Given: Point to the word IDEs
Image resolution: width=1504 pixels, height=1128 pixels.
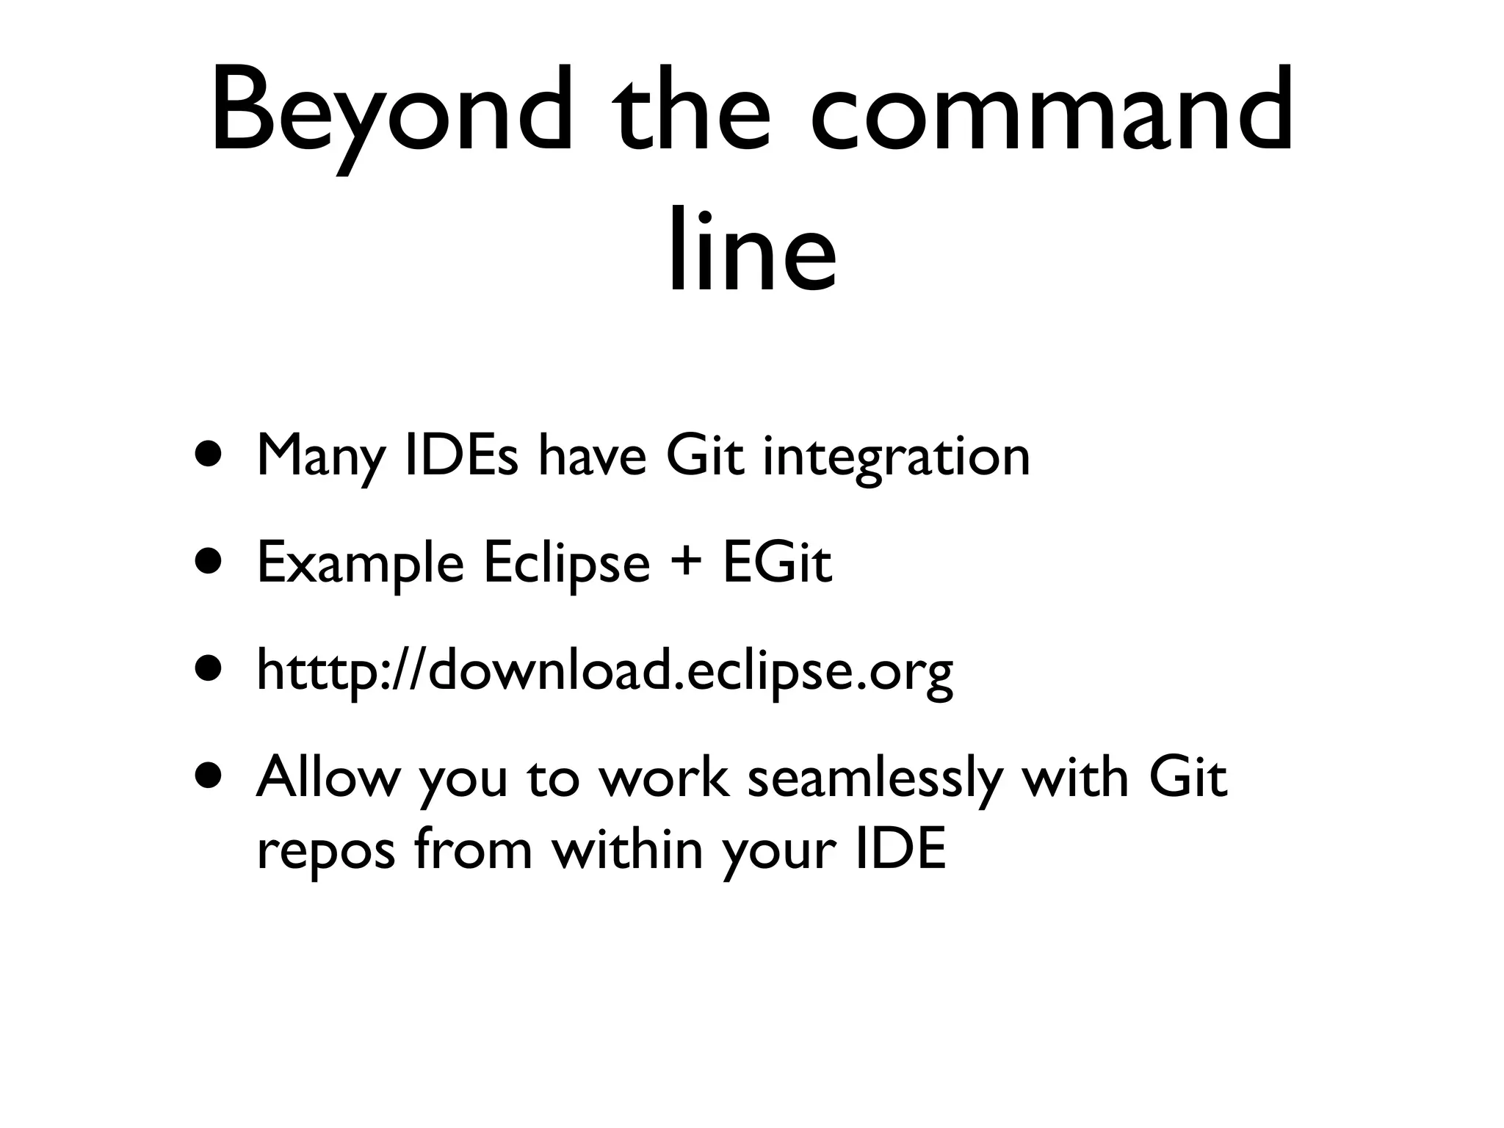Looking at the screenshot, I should pyautogui.click(x=461, y=455).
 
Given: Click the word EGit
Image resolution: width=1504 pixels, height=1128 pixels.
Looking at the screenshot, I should pyautogui.click(x=778, y=563).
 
